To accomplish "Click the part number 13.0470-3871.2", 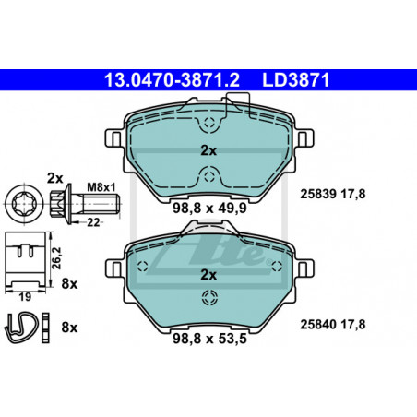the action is click(172, 80).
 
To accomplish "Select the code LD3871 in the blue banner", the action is click(296, 80).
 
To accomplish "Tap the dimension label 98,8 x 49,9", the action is click(209, 208).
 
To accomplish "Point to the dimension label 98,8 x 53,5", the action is click(209, 339).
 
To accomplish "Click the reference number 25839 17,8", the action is click(333, 194).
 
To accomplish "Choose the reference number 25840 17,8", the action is click(333, 325).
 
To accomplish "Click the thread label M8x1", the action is click(101, 186).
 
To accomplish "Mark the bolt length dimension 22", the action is click(93, 222).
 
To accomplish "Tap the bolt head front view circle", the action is click(24, 204).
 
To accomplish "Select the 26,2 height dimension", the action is click(56, 258).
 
